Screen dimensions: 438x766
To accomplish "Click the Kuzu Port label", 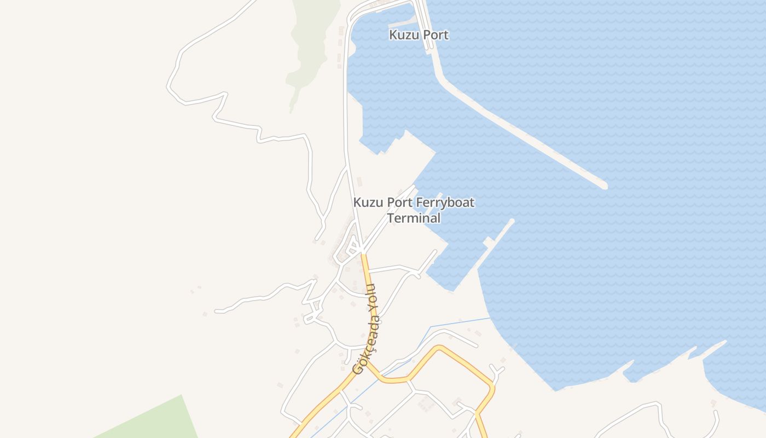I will [419, 35].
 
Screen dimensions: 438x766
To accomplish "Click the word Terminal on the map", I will [414, 218].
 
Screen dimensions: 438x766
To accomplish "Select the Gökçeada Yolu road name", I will [367, 328].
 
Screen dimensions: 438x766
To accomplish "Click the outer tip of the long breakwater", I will [603, 186].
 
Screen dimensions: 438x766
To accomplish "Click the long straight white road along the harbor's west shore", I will [346, 109].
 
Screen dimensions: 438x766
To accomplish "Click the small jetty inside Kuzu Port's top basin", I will [402, 24].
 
